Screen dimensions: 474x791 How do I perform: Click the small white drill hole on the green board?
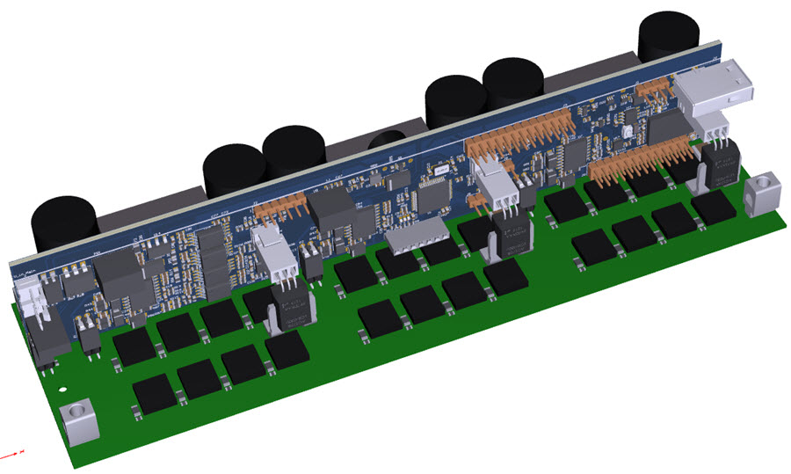(61, 386)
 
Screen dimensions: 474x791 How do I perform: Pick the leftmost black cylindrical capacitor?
(62, 224)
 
